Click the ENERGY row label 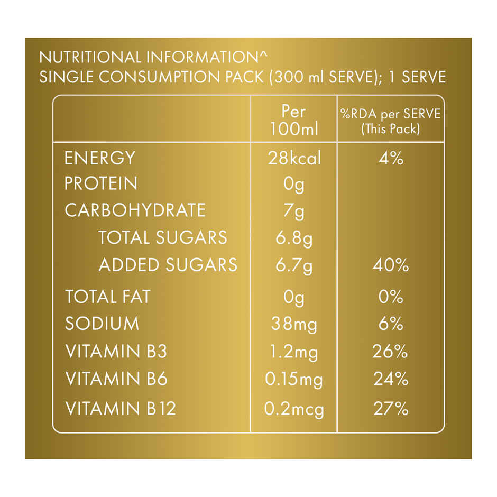[x=99, y=158]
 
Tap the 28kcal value [x=294, y=158]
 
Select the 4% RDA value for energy [x=391, y=158]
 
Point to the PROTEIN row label [x=101, y=183]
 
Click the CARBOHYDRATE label [x=135, y=210]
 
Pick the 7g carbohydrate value [x=294, y=211]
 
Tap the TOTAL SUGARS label [x=162, y=238]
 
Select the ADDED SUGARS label [x=168, y=265]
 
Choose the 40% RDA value [x=391, y=265]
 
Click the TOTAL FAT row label [x=107, y=297]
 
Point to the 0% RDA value [x=391, y=297]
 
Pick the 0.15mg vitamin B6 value [x=294, y=380]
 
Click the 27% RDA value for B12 [x=391, y=409]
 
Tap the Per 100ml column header [x=294, y=120]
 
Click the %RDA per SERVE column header [x=391, y=121]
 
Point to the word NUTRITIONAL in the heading [x=87, y=57]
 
